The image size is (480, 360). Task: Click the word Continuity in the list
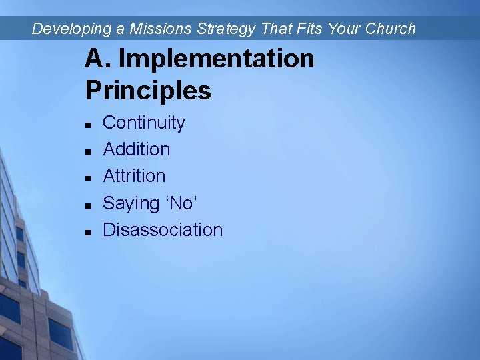point(143,123)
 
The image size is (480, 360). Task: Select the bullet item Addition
point(136,149)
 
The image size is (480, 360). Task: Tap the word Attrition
point(134,176)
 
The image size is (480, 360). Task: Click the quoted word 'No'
point(180,203)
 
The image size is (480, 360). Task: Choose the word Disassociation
point(163,230)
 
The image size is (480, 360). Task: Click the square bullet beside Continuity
point(88,125)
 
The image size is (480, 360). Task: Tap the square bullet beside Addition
point(88,151)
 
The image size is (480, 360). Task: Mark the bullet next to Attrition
point(88,178)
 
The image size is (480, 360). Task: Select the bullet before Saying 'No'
point(88,205)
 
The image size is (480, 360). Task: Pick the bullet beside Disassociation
point(88,231)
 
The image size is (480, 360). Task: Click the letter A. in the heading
point(98,59)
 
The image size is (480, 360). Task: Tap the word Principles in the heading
point(148,91)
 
